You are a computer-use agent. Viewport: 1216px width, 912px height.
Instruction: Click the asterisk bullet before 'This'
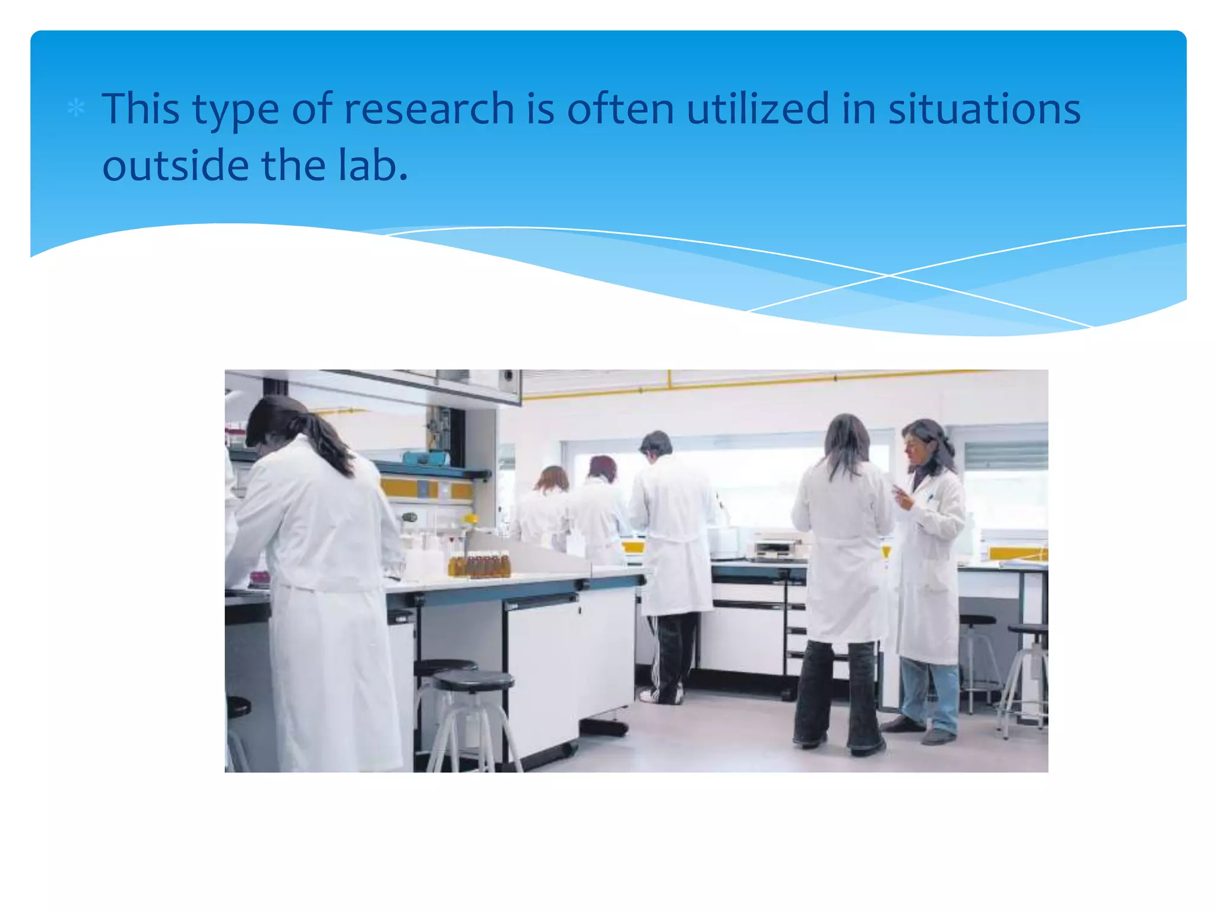[x=76, y=109]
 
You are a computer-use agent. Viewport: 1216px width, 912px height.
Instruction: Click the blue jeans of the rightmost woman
[x=930, y=695]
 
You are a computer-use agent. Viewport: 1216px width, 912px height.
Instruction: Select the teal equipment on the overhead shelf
[x=425, y=457]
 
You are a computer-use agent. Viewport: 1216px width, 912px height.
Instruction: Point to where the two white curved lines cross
[x=889, y=275]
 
